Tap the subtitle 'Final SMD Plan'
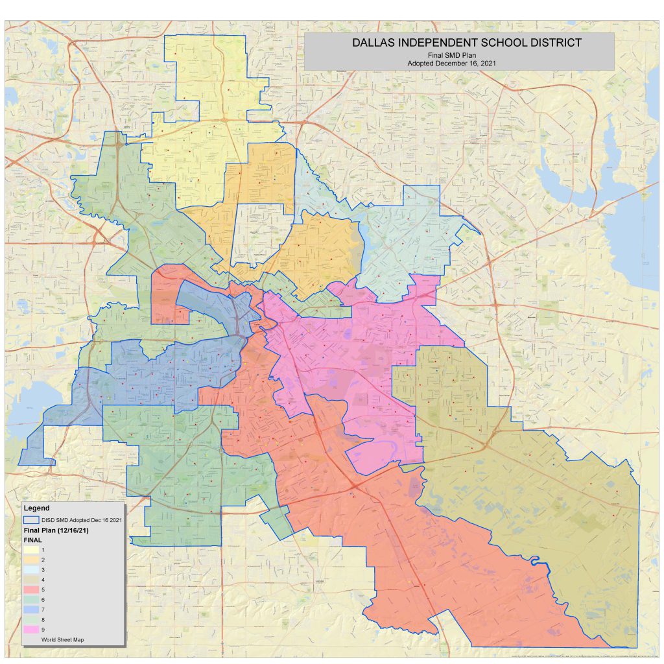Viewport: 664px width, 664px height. coord(459,55)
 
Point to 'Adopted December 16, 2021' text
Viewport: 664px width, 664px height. coord(459,63)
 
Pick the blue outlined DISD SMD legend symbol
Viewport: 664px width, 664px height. coord(30,520)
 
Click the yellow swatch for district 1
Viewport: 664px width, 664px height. coord(30,550)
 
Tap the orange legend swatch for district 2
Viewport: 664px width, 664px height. coord(30,560)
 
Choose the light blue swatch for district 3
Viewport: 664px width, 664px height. coord(30,569)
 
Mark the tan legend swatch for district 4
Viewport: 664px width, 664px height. coord(30,580)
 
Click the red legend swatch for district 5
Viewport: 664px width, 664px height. coord(30,589)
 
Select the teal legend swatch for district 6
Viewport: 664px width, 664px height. coord(30,600)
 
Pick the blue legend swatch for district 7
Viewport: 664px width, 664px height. coord(30,610)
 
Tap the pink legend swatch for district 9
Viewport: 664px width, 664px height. coord(30,630)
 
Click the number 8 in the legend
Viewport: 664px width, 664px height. coord(43,620)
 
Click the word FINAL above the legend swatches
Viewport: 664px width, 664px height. coord(32,539)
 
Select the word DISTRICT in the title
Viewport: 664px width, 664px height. coord(554,43)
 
